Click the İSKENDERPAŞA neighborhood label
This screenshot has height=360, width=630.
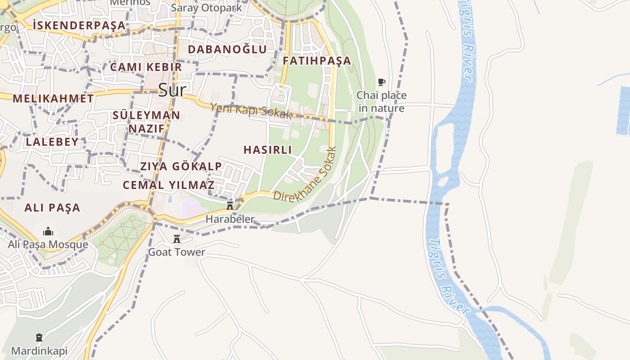[x=79, y=26]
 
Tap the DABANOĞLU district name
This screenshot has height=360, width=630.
[x=227, y=49]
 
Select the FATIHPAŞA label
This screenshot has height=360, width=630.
[x=317, y=61]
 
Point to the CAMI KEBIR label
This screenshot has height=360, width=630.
[x=146, y=67]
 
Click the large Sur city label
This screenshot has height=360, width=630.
[x=171, y=90]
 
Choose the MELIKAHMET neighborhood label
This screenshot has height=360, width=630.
[x=53, y=99]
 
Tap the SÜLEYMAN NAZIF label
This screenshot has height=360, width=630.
[x=146, y=122]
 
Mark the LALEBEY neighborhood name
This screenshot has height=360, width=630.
[x=52, y=142]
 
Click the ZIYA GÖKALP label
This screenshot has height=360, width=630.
[x=181, y=166]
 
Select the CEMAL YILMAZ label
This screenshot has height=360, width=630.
[x=169, y=185]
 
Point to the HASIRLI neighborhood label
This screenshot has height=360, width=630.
[x=268, y=150]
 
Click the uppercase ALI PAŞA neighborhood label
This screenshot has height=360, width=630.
[x=52, y=207]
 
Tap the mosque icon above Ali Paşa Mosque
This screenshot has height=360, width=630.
[x=48, y=232]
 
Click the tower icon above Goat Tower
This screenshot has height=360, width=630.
[x=177, y=239]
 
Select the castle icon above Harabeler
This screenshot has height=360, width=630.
[x=230, y=206]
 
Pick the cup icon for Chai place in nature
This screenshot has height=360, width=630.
[x=382, y=82]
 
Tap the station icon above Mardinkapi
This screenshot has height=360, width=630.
[x=39, y=337]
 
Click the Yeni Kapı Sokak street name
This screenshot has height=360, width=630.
[x=251, y=110]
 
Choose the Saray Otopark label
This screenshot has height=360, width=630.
[x=207, y=8]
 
